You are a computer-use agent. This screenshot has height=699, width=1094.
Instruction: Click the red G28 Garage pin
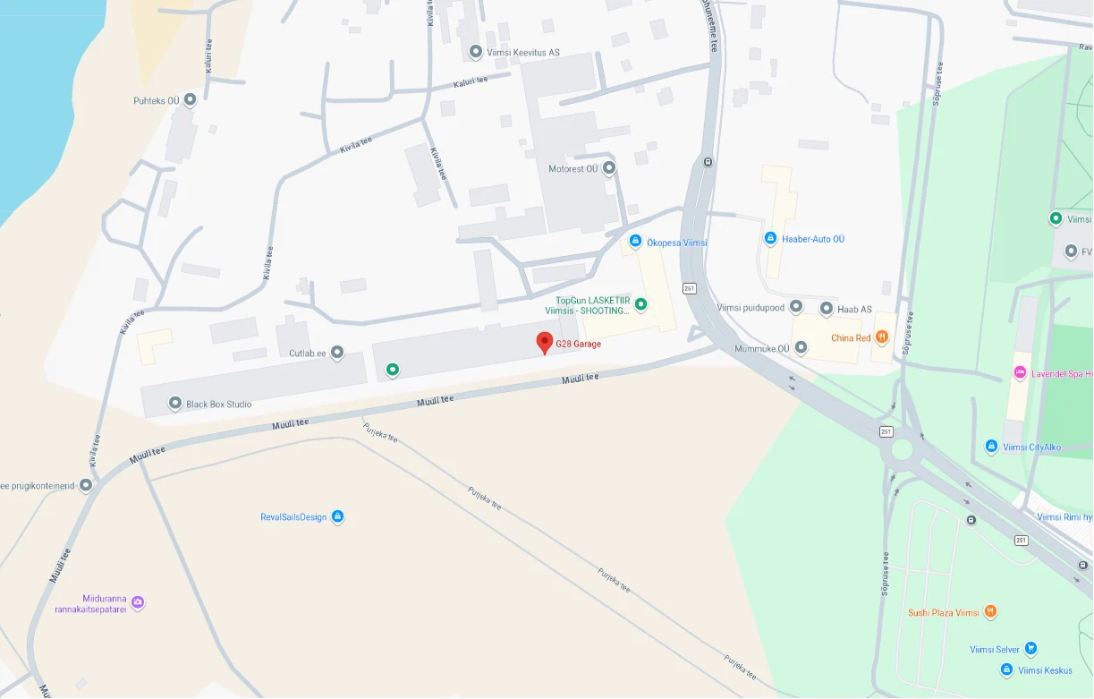point(544,342)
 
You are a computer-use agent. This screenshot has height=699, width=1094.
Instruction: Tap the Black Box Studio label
point(218,405)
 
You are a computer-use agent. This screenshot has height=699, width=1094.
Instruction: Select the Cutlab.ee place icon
point(337,353)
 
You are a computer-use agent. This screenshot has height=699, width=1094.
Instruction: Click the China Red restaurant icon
point(882,337)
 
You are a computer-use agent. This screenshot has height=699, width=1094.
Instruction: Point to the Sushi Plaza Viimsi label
point(943,613)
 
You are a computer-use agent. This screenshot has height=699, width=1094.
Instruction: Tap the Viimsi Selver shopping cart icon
point(1030,649)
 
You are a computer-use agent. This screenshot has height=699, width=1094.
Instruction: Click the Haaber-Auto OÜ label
point(813,239)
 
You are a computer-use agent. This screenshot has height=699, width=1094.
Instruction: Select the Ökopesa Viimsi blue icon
point(635,241)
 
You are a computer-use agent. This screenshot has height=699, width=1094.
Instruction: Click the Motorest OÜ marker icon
point(609,167)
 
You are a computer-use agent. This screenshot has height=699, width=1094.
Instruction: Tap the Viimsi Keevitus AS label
point(522,53)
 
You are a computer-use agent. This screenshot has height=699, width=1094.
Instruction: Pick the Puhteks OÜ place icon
point(190,100)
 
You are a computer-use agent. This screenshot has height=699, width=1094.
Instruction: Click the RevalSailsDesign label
point(293,517)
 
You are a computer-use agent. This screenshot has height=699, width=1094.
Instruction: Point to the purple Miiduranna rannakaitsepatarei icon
point(138,602)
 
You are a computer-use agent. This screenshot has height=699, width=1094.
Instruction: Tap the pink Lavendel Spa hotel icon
point(1019,372)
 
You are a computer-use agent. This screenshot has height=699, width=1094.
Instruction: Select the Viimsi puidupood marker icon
point(796,308)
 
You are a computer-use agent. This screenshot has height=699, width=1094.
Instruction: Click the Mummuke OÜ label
point(762,348)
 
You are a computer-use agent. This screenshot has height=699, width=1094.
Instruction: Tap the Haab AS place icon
point(827,309)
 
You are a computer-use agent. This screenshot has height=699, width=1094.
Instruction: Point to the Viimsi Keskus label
point(1045,670)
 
